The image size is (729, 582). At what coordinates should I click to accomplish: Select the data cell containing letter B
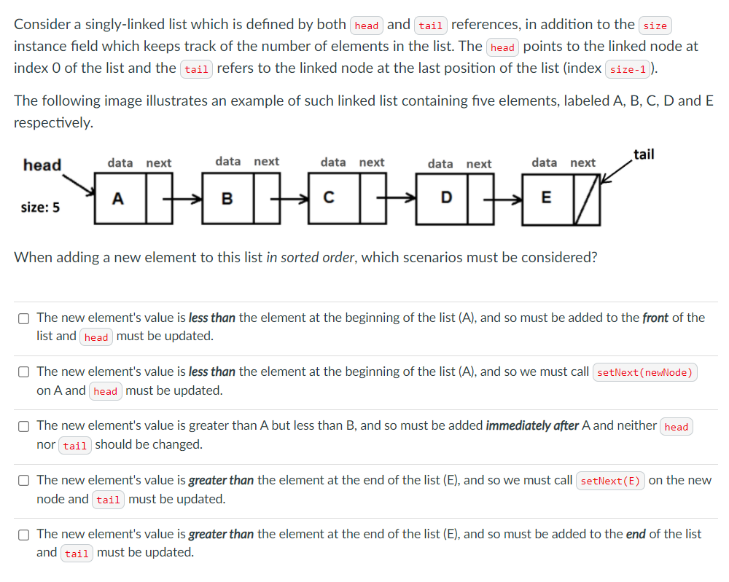tap(227, 198)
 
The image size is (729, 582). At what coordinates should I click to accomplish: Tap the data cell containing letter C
tap(330, 198)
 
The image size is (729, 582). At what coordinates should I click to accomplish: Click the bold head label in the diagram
tap(42, 165)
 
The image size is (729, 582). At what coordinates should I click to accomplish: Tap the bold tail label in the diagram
tap(644, 154)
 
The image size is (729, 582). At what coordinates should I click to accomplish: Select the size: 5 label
tap(41, 208)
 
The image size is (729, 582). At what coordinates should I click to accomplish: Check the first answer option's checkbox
tap(24, 318)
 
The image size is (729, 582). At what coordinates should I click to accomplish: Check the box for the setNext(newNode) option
tap(24, 372)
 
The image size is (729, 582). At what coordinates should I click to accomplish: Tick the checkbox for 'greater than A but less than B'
tap(24, 426)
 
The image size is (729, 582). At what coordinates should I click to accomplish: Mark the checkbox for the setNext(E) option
tap(24, 481)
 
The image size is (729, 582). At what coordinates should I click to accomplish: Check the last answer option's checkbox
tap(24, 535)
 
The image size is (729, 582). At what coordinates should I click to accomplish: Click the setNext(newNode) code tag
tap(644, 372)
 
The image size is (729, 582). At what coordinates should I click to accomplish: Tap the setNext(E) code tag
tap(610, 481)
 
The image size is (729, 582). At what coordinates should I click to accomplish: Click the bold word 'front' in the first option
tap(655, 318)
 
